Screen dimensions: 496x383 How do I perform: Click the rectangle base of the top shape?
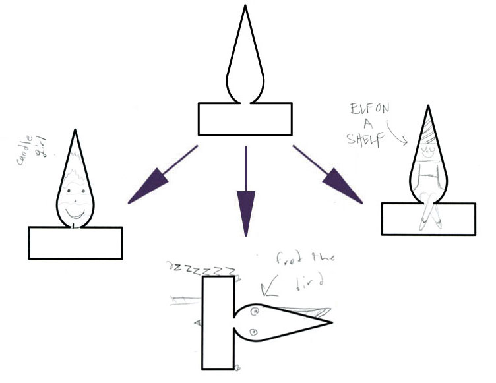(x=245, y=119)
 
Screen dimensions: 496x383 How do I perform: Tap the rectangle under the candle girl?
(x=75, y=242)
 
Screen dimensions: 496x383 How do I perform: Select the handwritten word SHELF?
(x=365, y=140)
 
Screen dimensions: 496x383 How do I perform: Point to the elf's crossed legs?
(x=429, y=210)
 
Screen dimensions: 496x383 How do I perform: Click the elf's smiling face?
(x=429, y=150)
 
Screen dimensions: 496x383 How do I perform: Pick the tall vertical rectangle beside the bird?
(x=218, y=322)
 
